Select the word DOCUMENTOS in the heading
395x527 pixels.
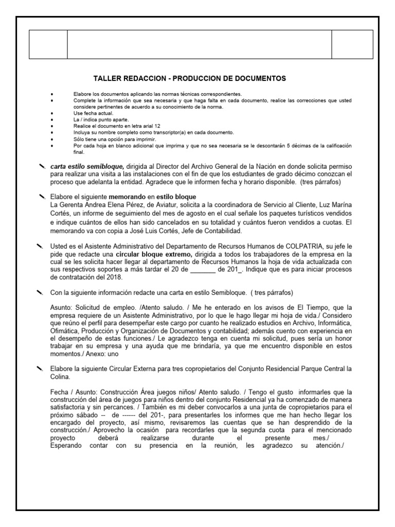(259, 78)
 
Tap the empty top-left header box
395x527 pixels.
(48, 45)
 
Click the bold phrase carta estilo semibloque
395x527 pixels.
(87, 167)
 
